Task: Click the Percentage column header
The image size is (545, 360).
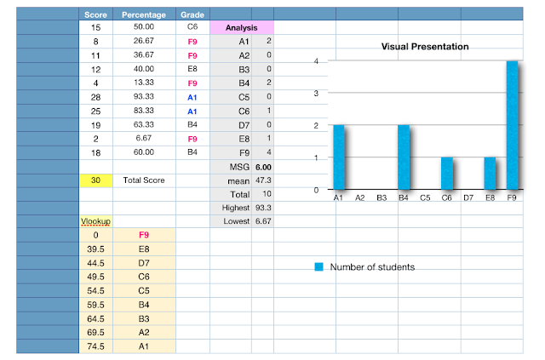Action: coord(144,14)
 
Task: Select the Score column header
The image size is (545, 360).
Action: coord(95,14)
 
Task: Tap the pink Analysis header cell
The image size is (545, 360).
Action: coord(241,28)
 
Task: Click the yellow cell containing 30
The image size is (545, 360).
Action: coord(95,180)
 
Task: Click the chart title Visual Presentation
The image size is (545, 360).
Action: coord(425,46)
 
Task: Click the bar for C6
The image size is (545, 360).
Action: coord(446,174)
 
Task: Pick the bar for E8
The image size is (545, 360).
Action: coord(490,174)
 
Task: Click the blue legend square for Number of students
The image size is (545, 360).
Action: coord(318,267)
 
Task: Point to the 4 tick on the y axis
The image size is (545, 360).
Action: coord(317,62)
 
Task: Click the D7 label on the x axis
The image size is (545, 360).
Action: coord(468,197)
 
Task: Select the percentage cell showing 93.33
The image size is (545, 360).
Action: coord(144,96)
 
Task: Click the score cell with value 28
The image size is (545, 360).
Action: coord(95,96)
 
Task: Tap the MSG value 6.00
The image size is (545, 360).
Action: coord(262,167)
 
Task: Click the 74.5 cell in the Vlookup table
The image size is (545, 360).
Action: coord(95,346)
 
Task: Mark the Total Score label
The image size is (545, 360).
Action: coord(144,180)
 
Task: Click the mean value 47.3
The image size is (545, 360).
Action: coord(262,180)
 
